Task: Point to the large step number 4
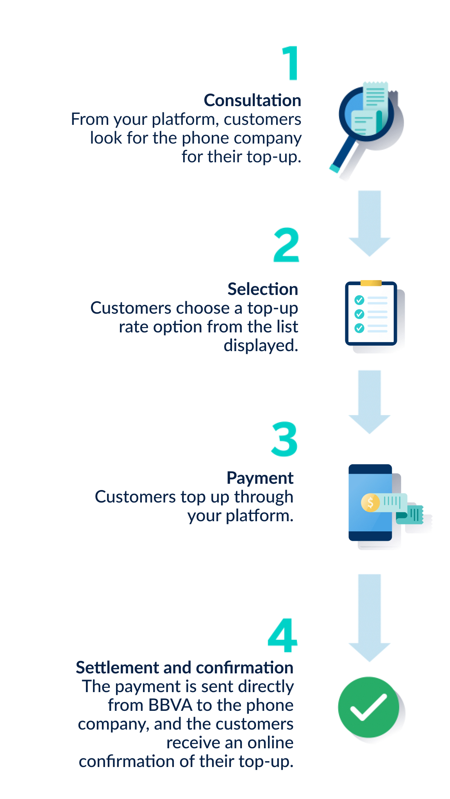pyautogui.click(x=282, y=635)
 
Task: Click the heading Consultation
pyautogui.click(x=252, y=100)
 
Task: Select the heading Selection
pyautogui.click(x=263, y=289)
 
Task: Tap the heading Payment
pyautogui.click(x=260, y=478)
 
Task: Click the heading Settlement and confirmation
pyautogui.click(x=185, y=667)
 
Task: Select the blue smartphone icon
pyautogui.click(x=370, y=502)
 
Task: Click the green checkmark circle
pyautogui.click(x=369, y=707)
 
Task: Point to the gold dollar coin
pyautogui.click(x=370, y=502)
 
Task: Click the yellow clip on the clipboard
pyautogui.click(x=371, y=283)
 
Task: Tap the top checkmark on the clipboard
pyautogui.click(x=359, y=300)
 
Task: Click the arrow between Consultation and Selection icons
pyautogui.click(x=370, y=223)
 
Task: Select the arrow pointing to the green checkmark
pyautogui.click(x=370, y=618)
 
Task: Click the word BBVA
pyautogui.click(x=171, y=705)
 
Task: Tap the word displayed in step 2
pyautogui.click(x=261, y=346)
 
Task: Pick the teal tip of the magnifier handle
pyautogui.click(x=334, y=169)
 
